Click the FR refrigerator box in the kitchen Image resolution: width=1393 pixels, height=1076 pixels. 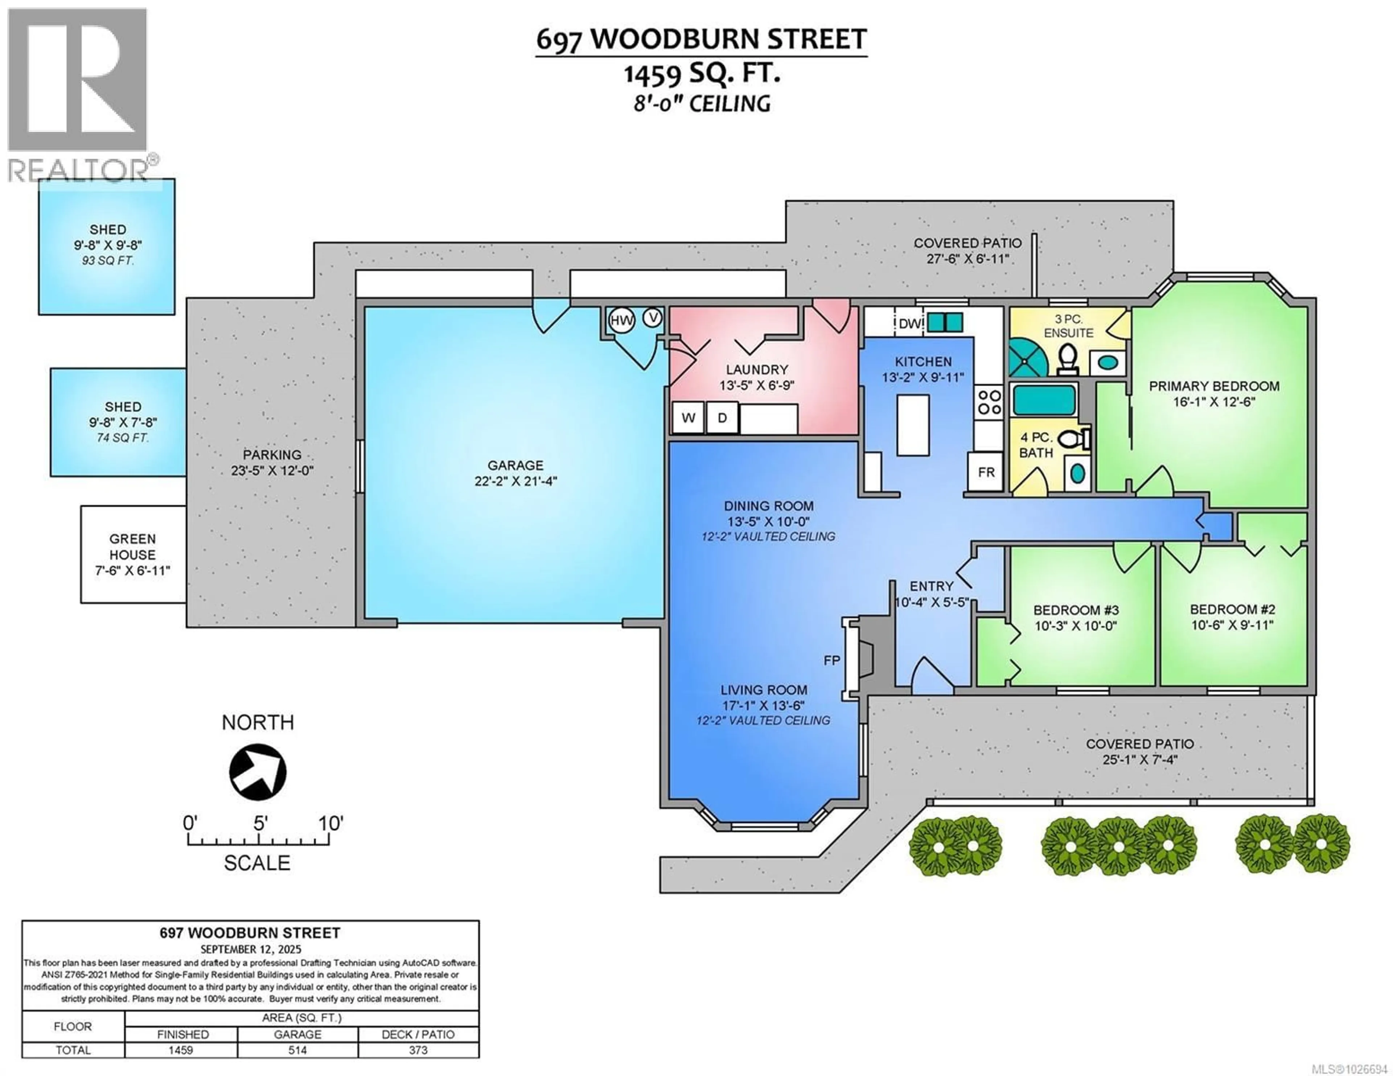[x=986, y=472]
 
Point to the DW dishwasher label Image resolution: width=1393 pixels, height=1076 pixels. [x=910, y=323]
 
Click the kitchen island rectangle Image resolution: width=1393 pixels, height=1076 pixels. [x=913, y=425]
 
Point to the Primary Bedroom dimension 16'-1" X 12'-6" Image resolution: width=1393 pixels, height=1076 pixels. [x=1214, y=402]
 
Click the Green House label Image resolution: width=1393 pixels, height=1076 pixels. [x=132, y=547]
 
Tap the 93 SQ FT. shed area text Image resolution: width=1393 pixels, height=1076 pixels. [x=108, y=261]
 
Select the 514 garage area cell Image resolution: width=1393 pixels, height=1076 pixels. [x=297, y=1050]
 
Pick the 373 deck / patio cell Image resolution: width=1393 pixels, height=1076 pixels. [x=418, y=1050]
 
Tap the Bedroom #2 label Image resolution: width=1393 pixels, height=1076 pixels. [x=1232, y=609]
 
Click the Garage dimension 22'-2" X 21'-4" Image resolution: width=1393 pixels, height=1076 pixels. [x=515, y=481]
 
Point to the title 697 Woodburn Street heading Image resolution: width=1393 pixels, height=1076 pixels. [x=701, y=40]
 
